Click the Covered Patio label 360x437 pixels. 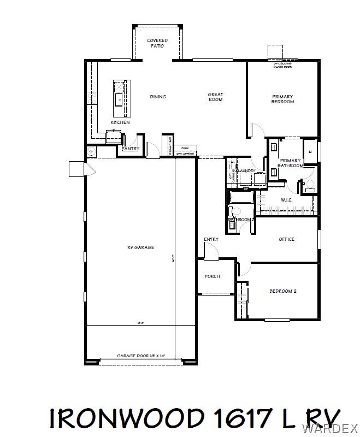157,43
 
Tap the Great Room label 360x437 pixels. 215,97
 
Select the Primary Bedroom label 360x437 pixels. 283,99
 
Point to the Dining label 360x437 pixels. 158,97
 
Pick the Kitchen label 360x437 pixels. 120,123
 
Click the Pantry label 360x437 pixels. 130,149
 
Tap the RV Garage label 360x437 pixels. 140,247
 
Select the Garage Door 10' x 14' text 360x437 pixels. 140,356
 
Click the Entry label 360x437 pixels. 211,239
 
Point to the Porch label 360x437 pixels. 212,276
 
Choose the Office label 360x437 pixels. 286,239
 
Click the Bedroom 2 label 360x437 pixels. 282,291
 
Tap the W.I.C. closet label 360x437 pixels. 287,200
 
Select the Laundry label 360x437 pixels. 246,171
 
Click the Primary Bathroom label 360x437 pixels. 290,163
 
